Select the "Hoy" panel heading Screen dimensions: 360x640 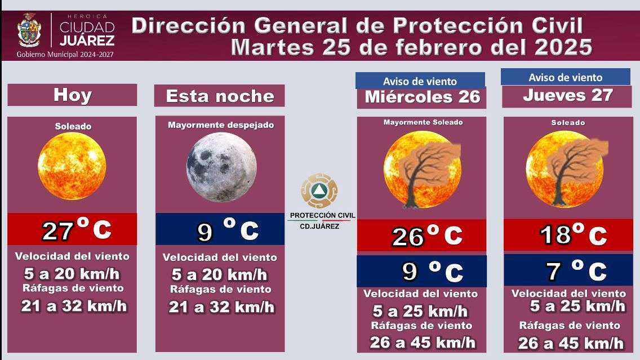72,95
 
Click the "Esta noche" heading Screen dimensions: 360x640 220,96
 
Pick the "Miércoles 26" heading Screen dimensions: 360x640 422,96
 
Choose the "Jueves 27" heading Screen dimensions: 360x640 567,95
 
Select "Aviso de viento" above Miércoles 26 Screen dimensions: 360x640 420,81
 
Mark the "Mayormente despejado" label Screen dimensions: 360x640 220,125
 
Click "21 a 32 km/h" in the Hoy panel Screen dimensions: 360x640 74,306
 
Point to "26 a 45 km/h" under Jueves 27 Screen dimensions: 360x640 571,343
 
